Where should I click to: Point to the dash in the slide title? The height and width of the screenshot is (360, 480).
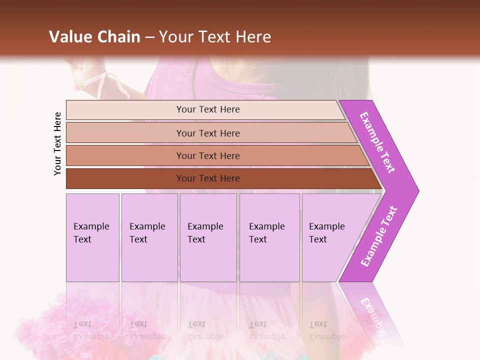(x=149, y=37)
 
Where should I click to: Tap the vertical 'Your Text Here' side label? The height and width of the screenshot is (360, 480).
(x=57, y=143)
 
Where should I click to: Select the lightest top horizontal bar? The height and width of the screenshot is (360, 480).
(x=207, y=109)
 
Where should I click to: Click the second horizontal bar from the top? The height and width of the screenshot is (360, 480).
(x=207, y=133)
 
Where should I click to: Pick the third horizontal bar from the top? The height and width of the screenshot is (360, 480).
(x=207, y=155)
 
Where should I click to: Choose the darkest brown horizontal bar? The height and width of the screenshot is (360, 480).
(x=207, y=178)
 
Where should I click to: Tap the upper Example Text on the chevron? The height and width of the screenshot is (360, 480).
(x=377, y=142)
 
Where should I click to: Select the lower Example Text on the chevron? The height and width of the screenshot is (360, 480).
(x=378, y=236)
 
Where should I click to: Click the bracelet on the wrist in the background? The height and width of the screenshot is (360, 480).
(x=80, y=85)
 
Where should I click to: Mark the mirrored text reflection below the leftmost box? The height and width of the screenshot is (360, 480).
(x=91, y=330)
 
